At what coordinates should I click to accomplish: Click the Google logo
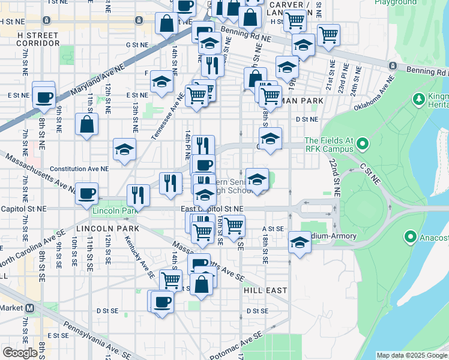pos(19,353)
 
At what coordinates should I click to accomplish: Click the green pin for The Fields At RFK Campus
pos(362,145)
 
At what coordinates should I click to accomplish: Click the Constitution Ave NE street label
pos(79,169)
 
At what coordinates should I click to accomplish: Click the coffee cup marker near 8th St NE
pos(44,96)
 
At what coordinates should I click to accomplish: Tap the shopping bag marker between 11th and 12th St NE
pos(87,124)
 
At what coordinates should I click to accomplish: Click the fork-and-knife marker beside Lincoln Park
pos(139,194)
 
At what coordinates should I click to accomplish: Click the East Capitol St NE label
pos(212,208)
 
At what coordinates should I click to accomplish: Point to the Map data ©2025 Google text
pos(411,355)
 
